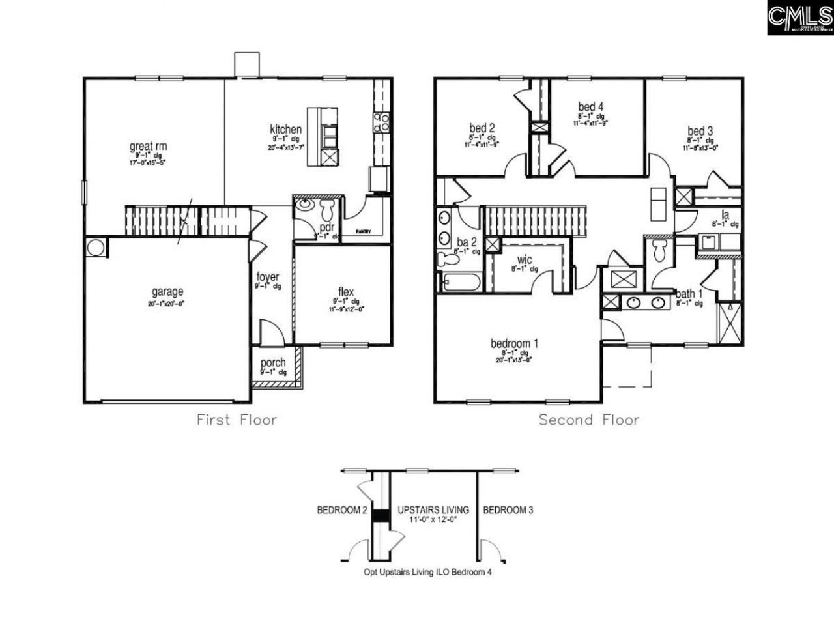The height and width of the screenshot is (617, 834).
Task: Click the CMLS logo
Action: [x=799, y=18]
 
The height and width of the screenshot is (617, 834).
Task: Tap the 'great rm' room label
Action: [x=148, y=147]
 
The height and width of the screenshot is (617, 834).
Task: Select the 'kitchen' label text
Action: [x=285, y=129]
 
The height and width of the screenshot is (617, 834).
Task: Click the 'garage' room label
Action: [x=167, y=292]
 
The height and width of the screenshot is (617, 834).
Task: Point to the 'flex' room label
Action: [x=345, y=291]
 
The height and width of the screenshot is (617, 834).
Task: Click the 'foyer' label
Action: [x=268, y=277]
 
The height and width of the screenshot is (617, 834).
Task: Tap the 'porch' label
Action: [x=273, y=363]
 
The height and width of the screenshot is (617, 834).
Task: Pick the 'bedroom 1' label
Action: [x=514, y=343]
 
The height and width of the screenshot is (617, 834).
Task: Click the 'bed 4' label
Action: [x=590, y=106]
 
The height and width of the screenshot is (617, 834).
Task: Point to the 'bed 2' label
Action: [x=482, y=128]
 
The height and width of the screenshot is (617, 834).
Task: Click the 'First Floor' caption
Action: [x=237, y=420]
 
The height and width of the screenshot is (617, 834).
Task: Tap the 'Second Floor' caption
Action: [x=588, y=420]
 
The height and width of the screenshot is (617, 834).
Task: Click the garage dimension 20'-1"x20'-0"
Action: [x=167, y=304]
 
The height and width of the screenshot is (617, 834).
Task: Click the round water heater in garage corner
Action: [x=96, y=248]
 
